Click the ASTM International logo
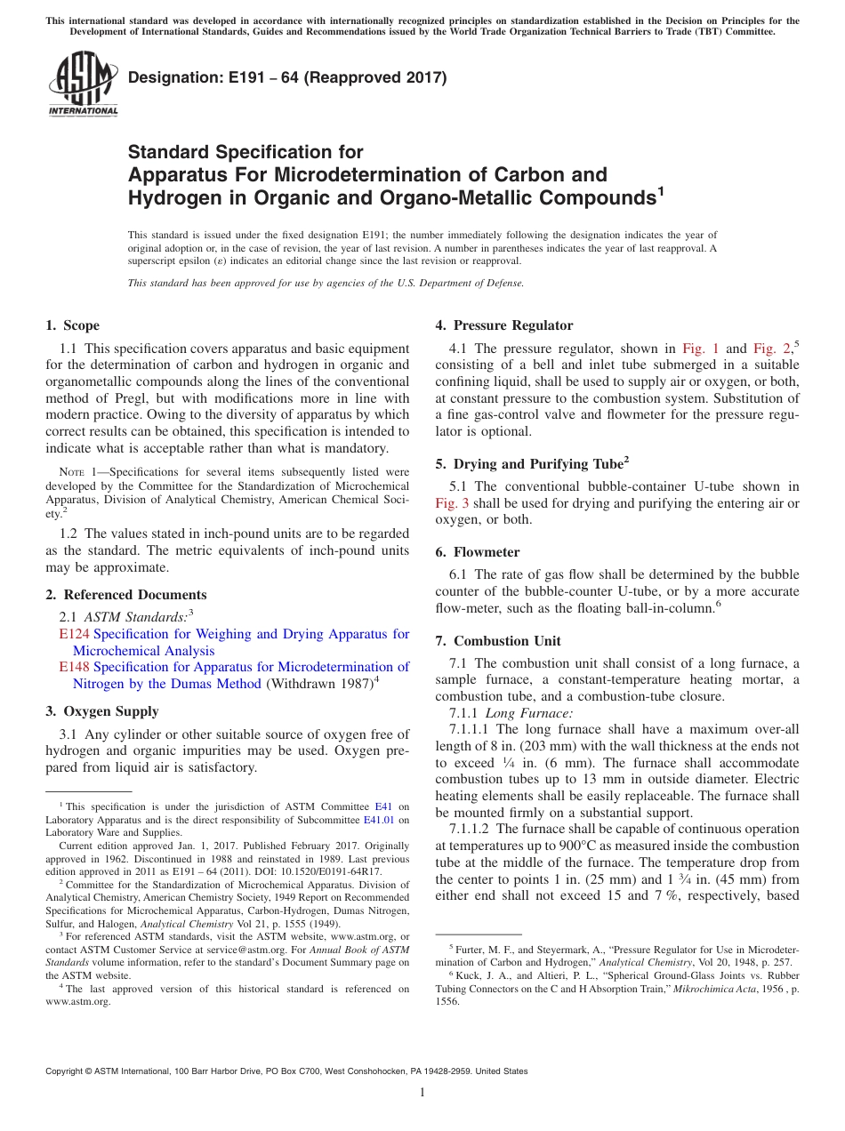coord(83,84)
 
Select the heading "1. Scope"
coord(73,325)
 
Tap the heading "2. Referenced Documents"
coord(125,595)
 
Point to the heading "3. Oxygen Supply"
coord(102,711)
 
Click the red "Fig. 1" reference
coord(701,349)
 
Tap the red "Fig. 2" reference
coord(771,349)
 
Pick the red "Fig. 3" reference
coord(452,503)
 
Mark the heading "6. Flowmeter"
coord(478,552)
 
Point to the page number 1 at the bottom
coord(422,1093)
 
